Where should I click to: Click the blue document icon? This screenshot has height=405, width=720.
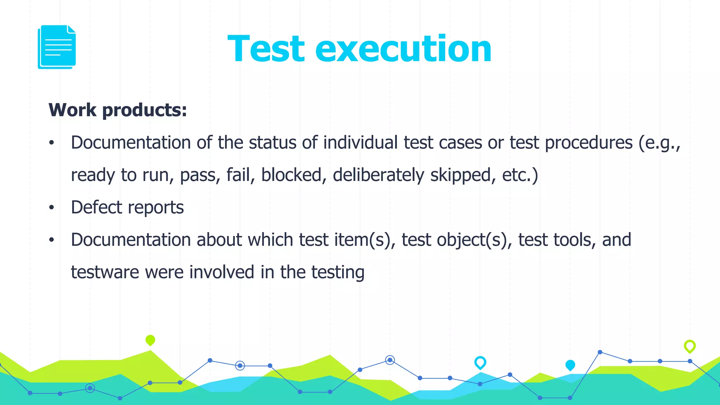tap(57, 47)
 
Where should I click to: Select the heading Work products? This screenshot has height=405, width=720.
tap(118, 110)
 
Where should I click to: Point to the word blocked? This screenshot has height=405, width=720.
tap(291, 175)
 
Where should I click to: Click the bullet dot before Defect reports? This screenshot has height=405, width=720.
tap(52, 207)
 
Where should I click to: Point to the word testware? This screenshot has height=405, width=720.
tap(105, 272)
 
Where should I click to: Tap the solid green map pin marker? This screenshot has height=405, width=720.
tap(150, 340)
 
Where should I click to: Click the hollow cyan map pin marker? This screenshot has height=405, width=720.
tap(480, 362)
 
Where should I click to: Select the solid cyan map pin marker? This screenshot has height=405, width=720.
tap(570, 365)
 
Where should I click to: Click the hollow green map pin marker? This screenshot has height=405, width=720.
tap(689, 346)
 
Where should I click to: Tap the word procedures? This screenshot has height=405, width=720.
tap(589, 143)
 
